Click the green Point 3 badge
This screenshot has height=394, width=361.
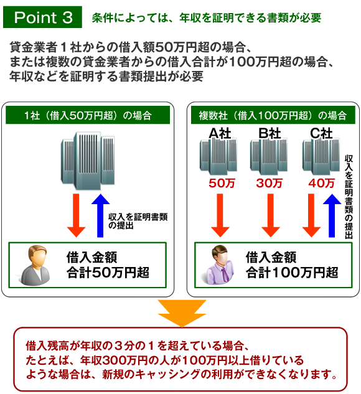click(42, 17)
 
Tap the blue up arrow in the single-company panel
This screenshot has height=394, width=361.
click(100, 215)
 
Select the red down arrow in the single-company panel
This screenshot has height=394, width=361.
click(76, 215)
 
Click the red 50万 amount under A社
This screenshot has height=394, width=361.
click(222, 183)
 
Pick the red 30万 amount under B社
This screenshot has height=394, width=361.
click(269, 183)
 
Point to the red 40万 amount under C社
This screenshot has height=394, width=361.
click(322, 183)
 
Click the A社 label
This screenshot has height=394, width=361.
click(220, 133)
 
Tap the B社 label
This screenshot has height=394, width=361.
click(270, 133)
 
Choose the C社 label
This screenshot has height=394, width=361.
click(321, 133)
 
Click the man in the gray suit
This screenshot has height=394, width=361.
click(35, 265)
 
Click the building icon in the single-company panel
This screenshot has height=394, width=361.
click(88, 161)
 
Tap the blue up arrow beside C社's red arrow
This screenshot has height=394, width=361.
click(332, 215)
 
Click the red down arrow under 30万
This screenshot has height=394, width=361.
click(271, 215)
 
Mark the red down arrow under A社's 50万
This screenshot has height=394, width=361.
click(220, 215)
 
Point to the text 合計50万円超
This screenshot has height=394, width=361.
click(108, 273)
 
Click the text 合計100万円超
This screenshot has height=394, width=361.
click(292, 273)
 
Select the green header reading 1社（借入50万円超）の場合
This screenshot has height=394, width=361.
click(88, 115)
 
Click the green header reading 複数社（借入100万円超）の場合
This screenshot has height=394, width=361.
click(273, 115)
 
